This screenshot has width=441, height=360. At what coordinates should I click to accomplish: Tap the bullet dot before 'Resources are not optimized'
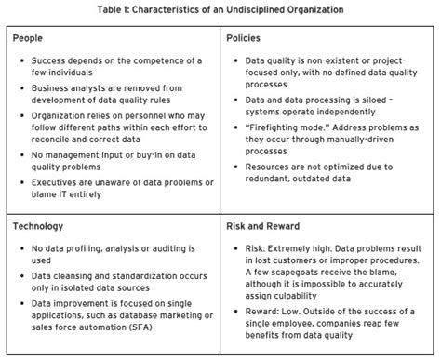click(x=236, y=171)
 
